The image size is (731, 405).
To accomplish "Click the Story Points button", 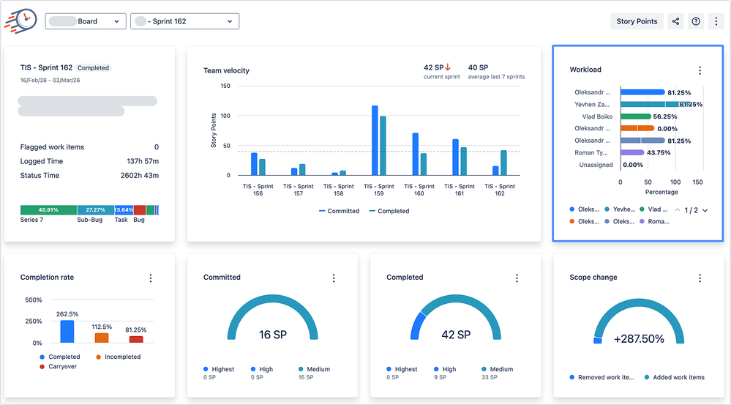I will click(x=637, y=21).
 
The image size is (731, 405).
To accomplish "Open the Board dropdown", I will click(x=86, y=21).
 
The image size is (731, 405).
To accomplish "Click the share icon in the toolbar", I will click(x=675, y=21).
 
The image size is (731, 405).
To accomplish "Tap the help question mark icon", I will click(x=696, y=21).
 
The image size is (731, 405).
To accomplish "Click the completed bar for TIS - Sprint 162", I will click(x=503, y=163).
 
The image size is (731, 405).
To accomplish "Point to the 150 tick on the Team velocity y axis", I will click(x=225, y=86).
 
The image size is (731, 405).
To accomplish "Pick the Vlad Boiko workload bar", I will click(x=635, y=116).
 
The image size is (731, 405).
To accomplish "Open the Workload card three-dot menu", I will click(x=700, y=70).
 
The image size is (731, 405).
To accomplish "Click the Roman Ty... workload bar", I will click(x=632, y=152).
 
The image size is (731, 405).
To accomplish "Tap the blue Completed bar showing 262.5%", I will click(x=67, y=332).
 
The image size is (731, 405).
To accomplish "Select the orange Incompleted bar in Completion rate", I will click(x=102, y=338).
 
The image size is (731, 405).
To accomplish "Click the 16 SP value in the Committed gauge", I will click(x=273, y=335).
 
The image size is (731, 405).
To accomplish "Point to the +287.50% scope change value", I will click(x=639, y=338).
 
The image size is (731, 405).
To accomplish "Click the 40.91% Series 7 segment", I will click(x=48, y=210).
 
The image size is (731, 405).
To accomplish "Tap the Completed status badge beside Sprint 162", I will click(x=94, y=68).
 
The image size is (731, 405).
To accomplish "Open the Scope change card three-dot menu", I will click(x=700, y=278).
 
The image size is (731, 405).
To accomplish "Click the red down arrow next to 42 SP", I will click(x=448, y=67).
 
